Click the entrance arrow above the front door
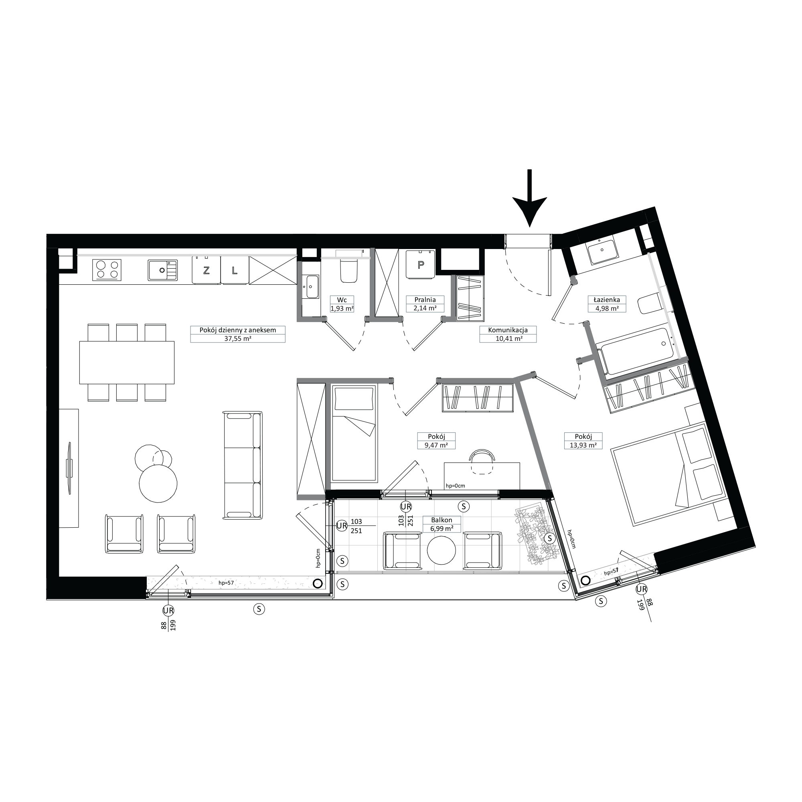pos(529,198)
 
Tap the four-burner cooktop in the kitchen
pos(108,270)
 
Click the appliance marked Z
pos(206,270)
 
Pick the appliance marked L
pos(235,270)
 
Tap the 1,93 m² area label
pos(342,308)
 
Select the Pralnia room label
pos(425,299)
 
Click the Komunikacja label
pos(508,330)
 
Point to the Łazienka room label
pos(606,299)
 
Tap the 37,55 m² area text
pos(237,338)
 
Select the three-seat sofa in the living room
pos(243,465)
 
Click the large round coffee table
pos(158,484)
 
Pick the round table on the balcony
pos(441,551)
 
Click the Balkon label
pos(441,520)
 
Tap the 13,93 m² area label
pos(583,446)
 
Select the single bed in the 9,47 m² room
pos(354,433)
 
